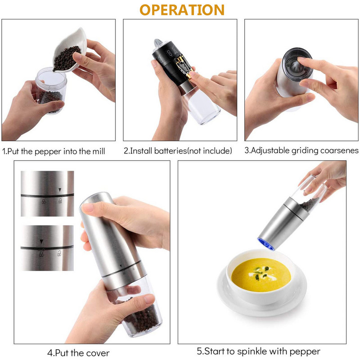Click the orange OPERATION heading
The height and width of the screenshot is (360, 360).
(x=182, y=10)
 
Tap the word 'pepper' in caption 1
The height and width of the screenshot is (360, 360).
(x=48, y=152)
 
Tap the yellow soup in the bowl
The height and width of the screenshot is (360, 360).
(x=261, y=275)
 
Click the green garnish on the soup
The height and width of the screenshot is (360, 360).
(x=261, y=273)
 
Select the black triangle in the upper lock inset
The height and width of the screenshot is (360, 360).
(x=60, y=190)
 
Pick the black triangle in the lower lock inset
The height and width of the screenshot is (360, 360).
(x=41, y=242)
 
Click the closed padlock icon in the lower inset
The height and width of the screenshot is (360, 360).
(x=41, y=254)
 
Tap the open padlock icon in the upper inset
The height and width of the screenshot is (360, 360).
(x=60, y=201)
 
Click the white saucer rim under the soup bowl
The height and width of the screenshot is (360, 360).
(x=262, y=306)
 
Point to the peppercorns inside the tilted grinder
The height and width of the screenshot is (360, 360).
(x=309, y=204)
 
